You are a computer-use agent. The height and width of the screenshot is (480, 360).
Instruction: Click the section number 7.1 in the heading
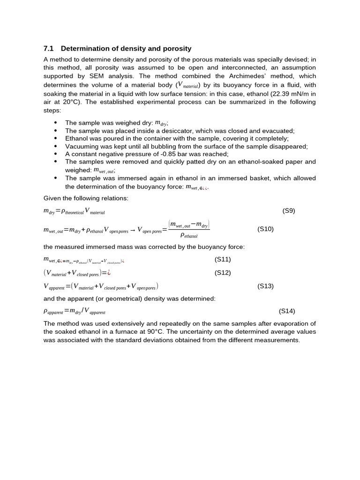(49, 48)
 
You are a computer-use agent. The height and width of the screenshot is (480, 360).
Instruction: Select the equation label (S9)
(289, 210)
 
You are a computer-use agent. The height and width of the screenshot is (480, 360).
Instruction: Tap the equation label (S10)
(265, 229)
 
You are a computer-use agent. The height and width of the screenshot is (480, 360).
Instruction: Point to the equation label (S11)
(223, 259)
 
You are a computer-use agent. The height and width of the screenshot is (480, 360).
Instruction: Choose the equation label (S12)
(223, 272)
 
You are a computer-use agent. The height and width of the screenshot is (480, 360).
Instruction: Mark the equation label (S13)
(265, 285)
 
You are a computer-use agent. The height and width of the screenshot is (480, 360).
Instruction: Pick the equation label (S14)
(287, 311)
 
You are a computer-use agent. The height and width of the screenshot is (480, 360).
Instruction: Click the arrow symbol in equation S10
(133, 230)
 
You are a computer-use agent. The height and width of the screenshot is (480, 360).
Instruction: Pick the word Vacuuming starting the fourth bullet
(81, 146)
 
